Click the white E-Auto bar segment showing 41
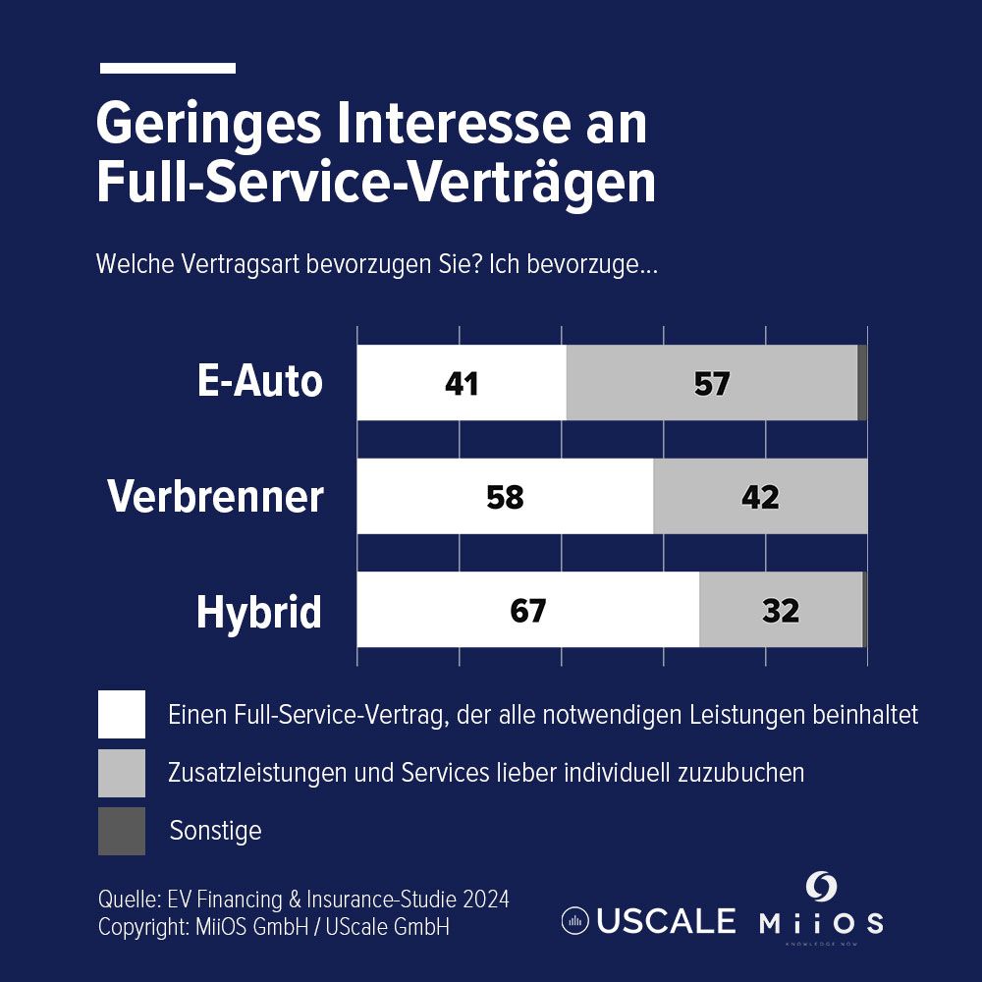point(462,382)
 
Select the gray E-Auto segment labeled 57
point(712,382)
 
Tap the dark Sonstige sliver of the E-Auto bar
point(862,382)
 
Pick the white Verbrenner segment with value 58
point(505,496)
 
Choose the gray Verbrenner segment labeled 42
point(760,496)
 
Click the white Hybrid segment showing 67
point(527,610)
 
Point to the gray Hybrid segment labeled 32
point(781,610)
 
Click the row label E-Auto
point(259,381)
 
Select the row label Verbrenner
point(215,496)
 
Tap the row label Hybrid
point(259,612)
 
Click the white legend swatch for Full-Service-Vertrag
point(122,714)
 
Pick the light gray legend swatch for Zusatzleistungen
point(122,773)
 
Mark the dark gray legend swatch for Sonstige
point(122,831)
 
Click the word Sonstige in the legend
point(216,831)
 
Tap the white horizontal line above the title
point(168,69)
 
